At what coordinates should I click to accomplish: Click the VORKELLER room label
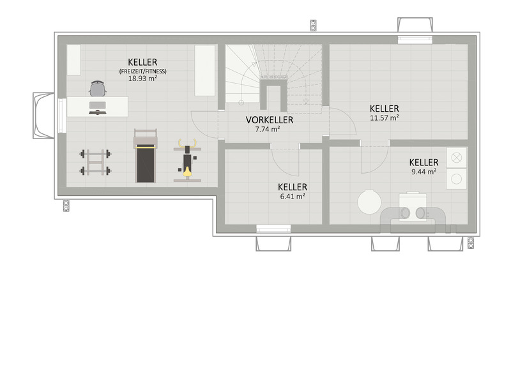[269, 120]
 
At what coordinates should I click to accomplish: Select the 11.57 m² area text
[385, 118]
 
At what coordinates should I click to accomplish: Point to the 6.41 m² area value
[293, 197]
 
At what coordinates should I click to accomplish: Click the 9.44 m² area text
[423, 172]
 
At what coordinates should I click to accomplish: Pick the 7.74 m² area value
[267, 129]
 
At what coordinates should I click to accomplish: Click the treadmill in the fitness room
[146, 156]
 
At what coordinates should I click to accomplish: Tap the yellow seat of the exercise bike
[187, 171]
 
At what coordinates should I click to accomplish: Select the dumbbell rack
[95, 162]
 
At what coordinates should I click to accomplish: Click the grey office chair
[98, 89]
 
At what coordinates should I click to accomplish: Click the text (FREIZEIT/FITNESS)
[142, 71]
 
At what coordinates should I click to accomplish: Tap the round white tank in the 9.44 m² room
[369, 202]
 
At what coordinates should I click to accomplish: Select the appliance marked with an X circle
[456, 158]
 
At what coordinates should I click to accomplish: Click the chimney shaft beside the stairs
[273, 94]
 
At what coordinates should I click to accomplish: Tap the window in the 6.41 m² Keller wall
[273, 229]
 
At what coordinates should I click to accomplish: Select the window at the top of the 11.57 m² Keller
[415, 40]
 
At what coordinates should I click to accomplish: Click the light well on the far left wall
[43, 116]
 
